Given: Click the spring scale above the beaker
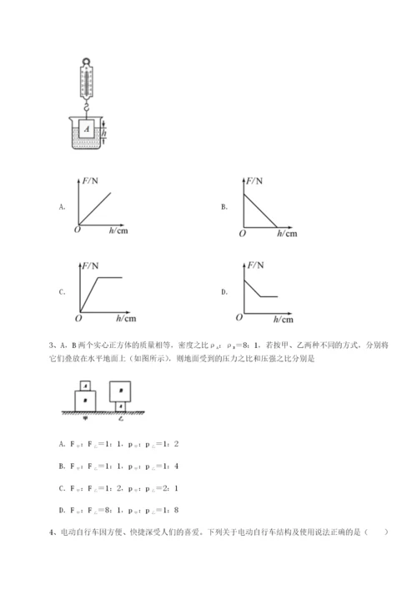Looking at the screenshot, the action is (x=88, y=80).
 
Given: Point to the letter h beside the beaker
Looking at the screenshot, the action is (x=103, y=133).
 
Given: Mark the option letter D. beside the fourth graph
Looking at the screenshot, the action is (x=224, y=293).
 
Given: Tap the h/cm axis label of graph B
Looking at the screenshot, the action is (x=284, y=234).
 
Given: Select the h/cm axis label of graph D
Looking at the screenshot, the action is (x=283, y=320).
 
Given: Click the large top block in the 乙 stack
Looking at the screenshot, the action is (x=122, y=390).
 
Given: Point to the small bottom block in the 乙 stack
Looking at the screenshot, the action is (x=122, y=406).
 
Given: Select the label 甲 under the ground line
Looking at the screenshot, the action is (x=83, y=420).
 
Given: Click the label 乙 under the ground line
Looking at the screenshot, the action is (x=122, y=420).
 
